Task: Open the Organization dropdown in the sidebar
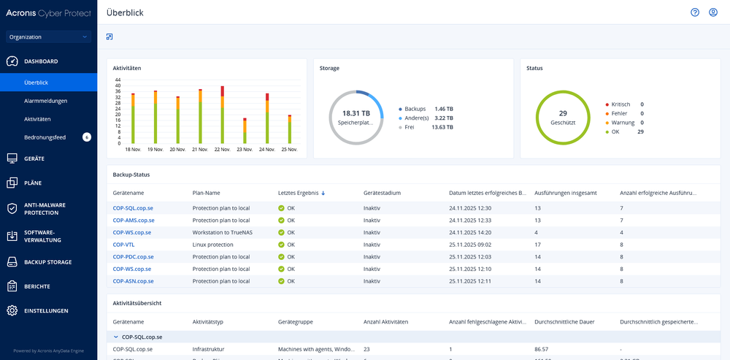(48, 37)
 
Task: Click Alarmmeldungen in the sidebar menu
(46, 101)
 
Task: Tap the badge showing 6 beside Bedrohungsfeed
(87, 137)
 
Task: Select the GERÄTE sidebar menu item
(34, 158)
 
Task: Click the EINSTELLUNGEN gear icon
(12, 310)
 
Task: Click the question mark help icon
(695, 12)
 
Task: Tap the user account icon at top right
(713, 12)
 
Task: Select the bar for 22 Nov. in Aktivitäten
(222, 115)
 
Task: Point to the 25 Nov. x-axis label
(289, 149)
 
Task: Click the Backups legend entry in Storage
(415, 108)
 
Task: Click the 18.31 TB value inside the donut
(356, 113)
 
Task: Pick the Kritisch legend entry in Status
(620, 104)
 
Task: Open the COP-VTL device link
(123, 245)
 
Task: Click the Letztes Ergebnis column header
(298, 193)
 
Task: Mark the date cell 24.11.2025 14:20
(469, 232)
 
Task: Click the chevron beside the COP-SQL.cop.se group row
(115, 337)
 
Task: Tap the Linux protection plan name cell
(212, 245)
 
